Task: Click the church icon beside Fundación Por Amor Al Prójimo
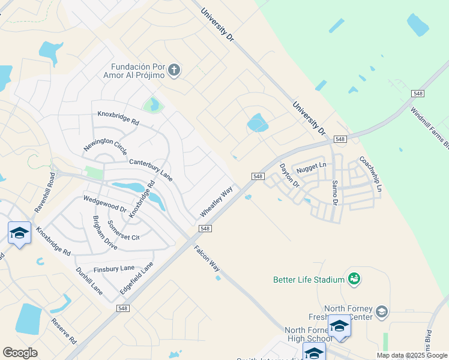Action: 174,71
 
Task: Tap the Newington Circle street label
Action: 105,146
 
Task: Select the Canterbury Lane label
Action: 151,169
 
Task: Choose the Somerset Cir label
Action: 123,230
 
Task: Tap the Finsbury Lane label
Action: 114,268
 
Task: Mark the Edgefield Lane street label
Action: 136,278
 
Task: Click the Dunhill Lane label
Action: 89,280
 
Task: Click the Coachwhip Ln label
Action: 370,175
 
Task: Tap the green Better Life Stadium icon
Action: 354,279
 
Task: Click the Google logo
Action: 20,353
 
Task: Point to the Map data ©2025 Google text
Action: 412,355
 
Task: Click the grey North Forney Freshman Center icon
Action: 382,311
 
